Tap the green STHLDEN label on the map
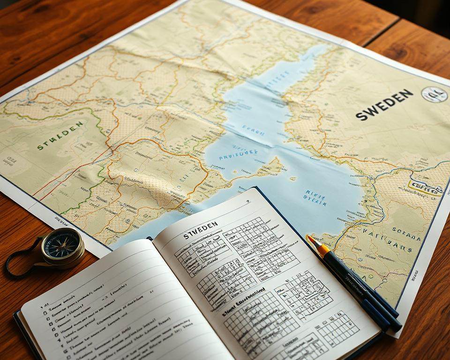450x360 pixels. point(60,136)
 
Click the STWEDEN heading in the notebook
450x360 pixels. point(201,230)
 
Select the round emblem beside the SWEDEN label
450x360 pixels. point(434,94)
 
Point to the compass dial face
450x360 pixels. point(62,244)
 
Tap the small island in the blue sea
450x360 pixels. point(293,178)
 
